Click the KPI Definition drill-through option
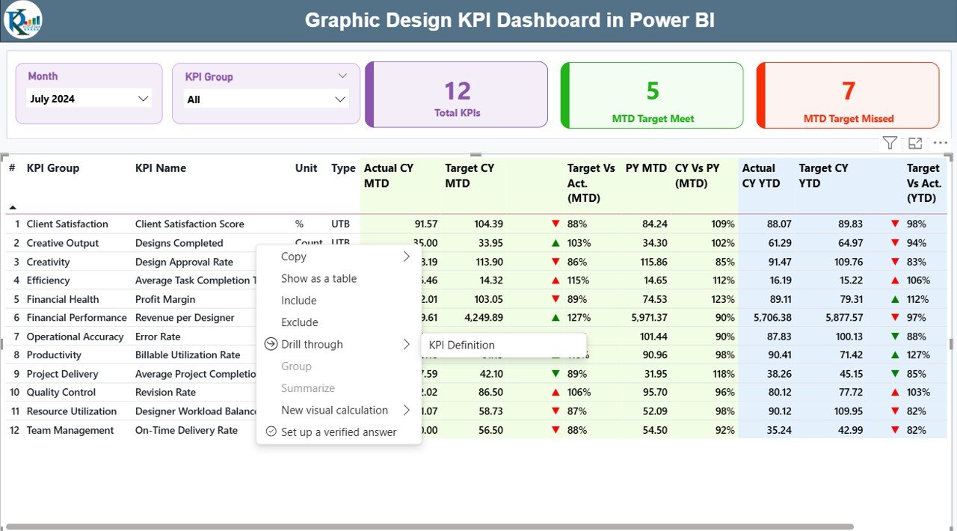tap(462, 345)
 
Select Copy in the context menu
tap(294, 257)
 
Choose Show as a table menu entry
tap(319, 278)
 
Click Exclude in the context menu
tap(299, 322)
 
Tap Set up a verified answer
tap(338, 432)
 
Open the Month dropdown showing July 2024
tap(89, 99)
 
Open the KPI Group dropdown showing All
tap(265, 99)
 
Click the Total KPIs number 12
tap(457, 91)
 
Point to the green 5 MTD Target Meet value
tap(653, 91)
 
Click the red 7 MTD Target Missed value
tap(848, 91)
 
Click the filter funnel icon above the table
tap(889, 143)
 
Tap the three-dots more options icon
tap(940, 143)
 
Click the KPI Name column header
tap(161, 168)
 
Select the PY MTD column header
tap(646, 168)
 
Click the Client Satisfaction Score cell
tap(189, 224)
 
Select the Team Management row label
tap(70, 430)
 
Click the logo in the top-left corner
tap(22, 20)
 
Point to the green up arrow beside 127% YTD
tap(895, 355)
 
